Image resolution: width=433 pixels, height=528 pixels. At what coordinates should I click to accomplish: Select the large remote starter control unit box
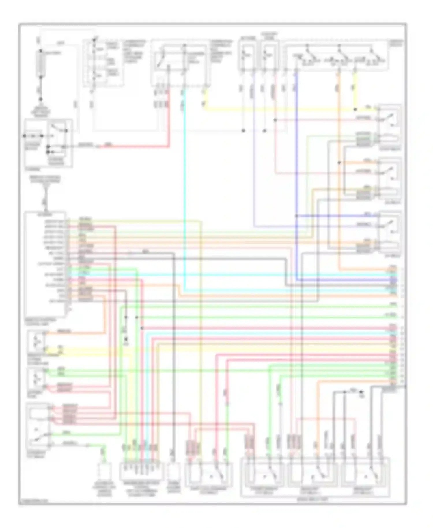45,264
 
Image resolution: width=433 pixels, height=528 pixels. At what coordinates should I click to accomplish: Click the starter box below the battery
48,143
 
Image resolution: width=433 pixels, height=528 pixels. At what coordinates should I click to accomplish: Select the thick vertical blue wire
296,173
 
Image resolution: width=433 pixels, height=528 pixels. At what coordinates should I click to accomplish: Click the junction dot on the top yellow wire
355,109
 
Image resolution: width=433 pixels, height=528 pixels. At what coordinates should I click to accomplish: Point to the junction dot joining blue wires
296,216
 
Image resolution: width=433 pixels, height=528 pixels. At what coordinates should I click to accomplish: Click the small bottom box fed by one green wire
102,470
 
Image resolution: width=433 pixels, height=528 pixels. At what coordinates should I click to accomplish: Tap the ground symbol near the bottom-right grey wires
361,393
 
